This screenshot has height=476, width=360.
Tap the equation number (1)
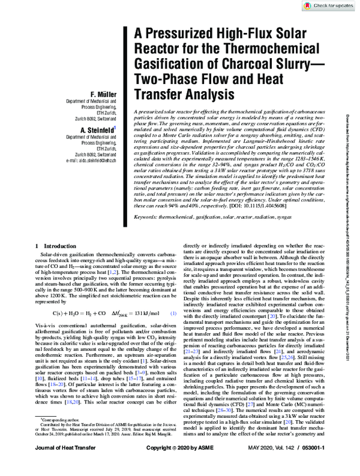(x=173, y=347)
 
